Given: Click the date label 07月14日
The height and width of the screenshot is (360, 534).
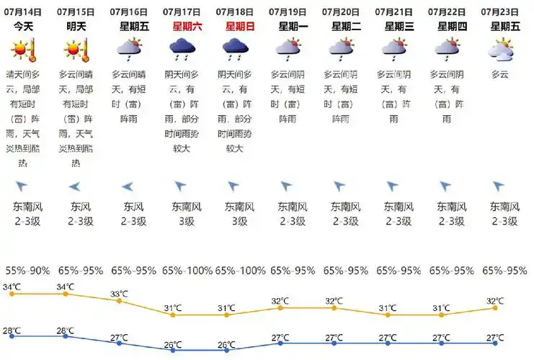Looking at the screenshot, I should pos(27,12).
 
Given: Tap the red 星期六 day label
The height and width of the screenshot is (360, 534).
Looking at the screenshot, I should pos(187,26).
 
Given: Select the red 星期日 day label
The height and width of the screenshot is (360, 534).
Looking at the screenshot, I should pos(240,26).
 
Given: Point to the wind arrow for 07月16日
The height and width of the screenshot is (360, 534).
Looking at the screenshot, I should pos(128,186).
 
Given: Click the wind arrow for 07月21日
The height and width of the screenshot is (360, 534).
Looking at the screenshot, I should pos(393,186).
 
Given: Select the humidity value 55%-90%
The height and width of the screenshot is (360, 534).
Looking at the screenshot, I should pos(27,271).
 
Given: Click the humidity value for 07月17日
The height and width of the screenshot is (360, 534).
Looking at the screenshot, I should pos(187,271).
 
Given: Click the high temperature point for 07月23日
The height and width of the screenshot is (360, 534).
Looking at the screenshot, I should pos(495,307).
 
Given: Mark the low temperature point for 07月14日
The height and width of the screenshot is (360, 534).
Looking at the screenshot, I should pos(12,336).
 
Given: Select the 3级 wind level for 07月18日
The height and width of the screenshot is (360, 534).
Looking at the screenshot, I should pos(240,222).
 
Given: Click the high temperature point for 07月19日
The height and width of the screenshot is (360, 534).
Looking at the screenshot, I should pos(280,307).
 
